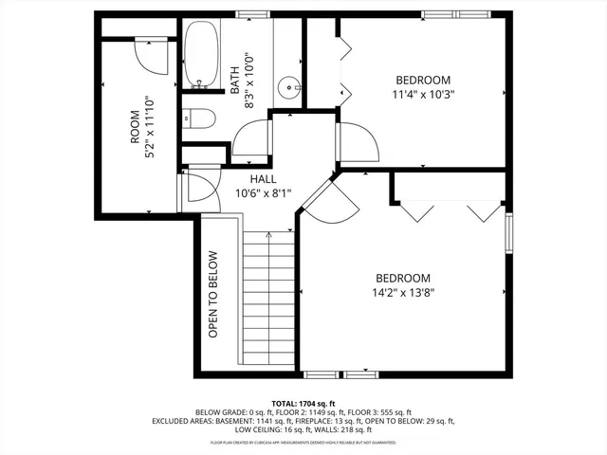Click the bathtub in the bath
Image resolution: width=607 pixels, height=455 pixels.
click(200, 54)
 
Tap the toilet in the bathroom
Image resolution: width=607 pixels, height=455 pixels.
click(200, 118)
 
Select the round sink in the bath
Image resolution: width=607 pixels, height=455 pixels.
click(288, 88)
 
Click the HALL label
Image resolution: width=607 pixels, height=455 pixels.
click(264, 178)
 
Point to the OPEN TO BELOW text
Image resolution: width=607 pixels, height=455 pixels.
click(213, 294)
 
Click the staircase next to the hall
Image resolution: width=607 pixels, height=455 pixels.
click(269, 299)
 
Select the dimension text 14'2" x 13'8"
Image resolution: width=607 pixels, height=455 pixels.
click(403, 293)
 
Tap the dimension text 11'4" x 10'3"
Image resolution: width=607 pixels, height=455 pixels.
click(423, 95)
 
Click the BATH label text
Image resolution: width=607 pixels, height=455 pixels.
click(234, 79)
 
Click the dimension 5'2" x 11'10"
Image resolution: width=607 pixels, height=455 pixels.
click(149, 128)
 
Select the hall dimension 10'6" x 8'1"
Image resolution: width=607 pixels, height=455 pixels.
click(264, 193)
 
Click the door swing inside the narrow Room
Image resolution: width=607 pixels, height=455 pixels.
click(150, 54)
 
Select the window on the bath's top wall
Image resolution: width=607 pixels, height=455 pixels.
click(251, 14)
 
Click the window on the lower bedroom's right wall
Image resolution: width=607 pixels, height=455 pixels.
click(508, 234)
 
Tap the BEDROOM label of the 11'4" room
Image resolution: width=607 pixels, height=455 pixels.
click(423, 80)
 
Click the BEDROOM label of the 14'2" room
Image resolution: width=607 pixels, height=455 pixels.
click(403, 278)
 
